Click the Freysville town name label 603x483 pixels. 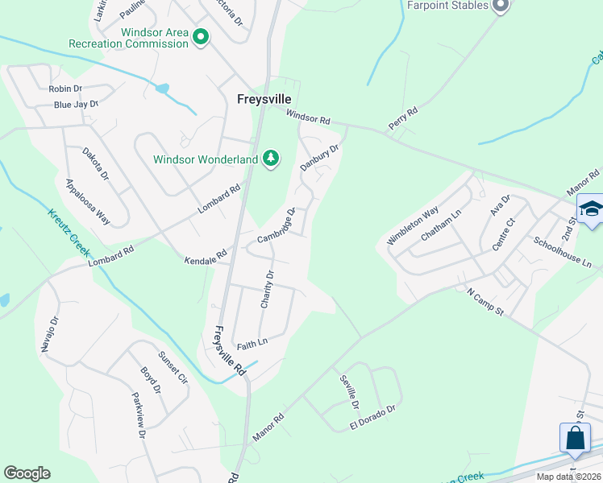[264, 99]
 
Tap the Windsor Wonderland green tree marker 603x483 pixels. [272, 158]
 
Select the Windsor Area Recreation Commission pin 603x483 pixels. [200, 36]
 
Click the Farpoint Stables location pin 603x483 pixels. [500, 6]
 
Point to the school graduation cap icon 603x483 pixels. [591, 209]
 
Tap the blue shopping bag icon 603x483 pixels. [575, 439]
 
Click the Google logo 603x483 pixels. [27, 473]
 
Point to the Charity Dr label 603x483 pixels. [268, 288]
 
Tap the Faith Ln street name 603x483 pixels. [252, 344]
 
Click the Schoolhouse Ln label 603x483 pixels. [563, 252]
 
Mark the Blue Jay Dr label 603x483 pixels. [76, 105]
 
